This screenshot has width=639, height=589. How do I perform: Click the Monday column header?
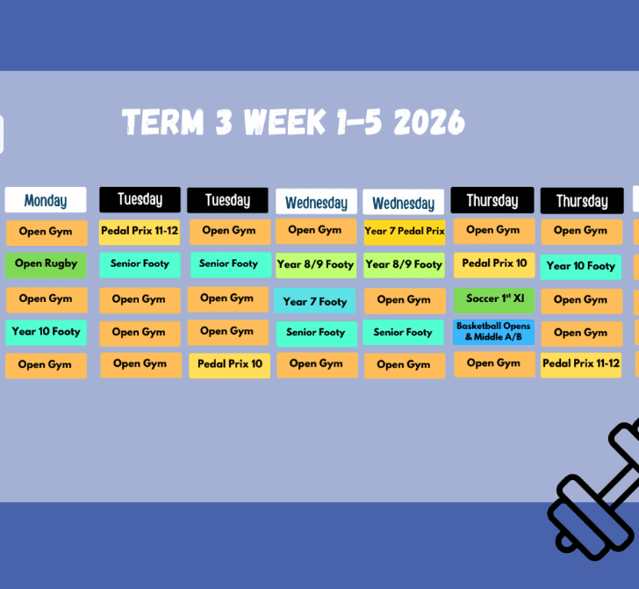[46, 200]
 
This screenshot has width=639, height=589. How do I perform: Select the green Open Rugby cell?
[46, 265]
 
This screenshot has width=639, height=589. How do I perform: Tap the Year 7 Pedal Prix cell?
[405, 232]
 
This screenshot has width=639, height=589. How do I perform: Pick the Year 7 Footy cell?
[314, 300]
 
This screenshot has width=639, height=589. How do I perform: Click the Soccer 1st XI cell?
[494, 300]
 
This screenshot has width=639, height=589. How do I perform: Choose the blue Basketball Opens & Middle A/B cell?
[493, 332]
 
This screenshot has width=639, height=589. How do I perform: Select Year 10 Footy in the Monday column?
[46, 333]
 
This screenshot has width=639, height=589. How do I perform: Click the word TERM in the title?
[163, 122]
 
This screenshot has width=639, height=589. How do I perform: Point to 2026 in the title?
[429, 122]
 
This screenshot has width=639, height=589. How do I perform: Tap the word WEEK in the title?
[285, 122]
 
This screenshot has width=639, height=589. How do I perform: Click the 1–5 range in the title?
[359, 122]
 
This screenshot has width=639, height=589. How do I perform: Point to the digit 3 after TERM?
[224, 122]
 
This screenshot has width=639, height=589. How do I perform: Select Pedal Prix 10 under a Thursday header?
[494, 265]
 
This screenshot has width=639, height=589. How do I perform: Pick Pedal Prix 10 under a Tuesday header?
[229, 366]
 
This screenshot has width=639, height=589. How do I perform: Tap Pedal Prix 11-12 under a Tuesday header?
[140, 233]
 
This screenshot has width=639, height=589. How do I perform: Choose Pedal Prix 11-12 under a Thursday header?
[581, 365]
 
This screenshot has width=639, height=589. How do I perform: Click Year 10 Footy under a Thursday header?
[581, 267]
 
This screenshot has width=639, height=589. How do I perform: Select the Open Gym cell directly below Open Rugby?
[47, 300]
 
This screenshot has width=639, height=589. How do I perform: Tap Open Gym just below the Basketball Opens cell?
[494, 364]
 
